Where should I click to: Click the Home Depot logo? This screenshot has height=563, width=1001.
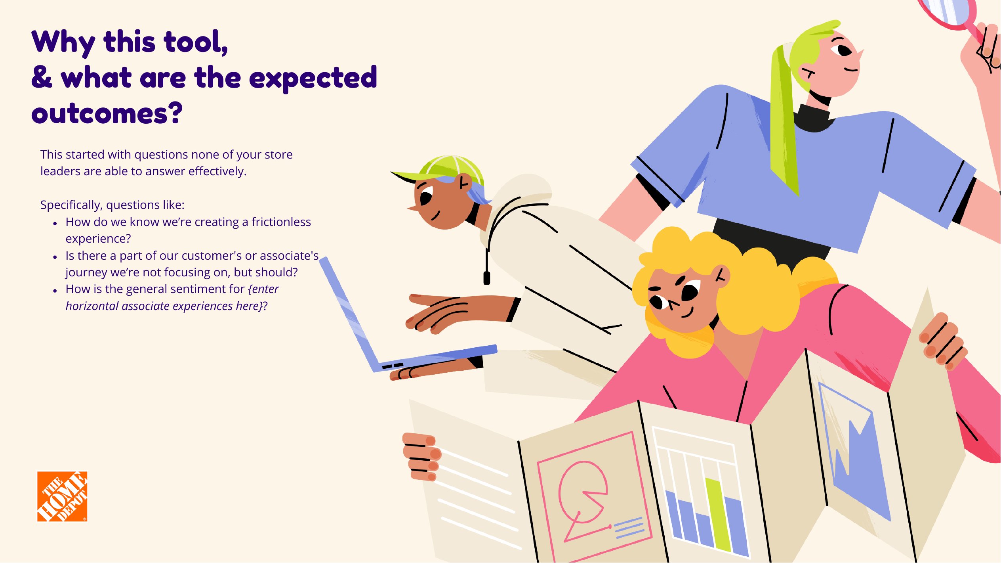(x=62, y=496)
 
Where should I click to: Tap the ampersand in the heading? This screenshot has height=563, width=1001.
(x=42, y=77)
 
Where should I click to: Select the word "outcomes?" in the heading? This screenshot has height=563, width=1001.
(x=107, y=113)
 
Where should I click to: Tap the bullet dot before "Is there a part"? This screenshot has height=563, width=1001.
(x=55, y=257)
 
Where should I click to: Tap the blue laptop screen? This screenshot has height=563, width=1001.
(x=348, y=313)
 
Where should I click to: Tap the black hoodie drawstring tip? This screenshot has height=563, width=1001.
(x=487, y=278)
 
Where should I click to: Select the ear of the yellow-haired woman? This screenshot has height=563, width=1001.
(x=721, y=275)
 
